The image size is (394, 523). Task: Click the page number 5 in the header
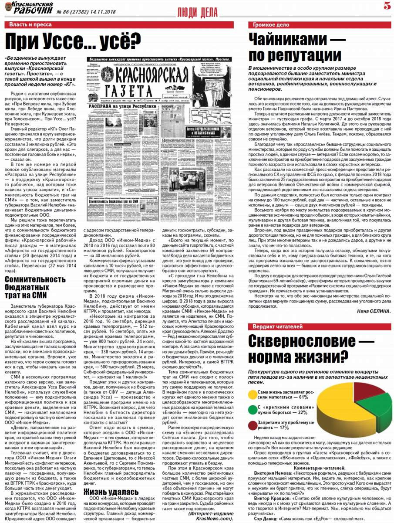tap(387, 6)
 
